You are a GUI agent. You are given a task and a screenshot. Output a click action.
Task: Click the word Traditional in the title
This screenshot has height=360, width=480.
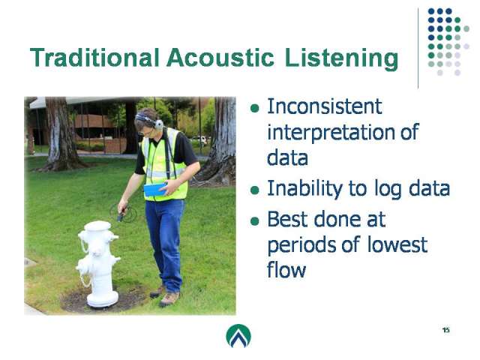[94, 58]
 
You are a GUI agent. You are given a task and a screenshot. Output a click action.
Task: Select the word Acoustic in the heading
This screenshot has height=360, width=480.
[220, 58]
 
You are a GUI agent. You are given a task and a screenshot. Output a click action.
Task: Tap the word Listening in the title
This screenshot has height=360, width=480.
[342, 58]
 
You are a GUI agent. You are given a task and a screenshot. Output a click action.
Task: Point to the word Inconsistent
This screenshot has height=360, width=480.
[325, 106]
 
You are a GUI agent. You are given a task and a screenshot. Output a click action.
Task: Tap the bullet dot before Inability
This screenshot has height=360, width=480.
[255, 190]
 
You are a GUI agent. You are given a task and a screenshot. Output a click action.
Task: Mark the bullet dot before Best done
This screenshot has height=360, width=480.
[255, 220]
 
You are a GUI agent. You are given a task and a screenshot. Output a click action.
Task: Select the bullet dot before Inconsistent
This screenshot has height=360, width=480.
[255, 108]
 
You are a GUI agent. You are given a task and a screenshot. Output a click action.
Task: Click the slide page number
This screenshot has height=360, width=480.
[446, 330]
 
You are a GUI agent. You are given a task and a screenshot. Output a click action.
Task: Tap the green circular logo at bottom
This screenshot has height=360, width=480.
[238, 336]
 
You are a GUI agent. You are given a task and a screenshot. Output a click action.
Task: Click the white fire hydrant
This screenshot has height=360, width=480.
[98, 264]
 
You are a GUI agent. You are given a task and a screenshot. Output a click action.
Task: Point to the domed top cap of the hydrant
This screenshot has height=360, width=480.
[97, 226]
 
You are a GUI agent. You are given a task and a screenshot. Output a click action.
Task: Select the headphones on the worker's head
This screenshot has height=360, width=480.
[150, 120]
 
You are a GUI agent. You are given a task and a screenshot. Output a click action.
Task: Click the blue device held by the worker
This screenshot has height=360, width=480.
[155, 190]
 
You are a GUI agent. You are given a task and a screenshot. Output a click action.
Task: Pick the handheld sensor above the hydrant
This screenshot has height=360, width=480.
[121, 217]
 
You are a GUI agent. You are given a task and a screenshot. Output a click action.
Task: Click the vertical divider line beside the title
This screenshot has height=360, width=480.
[418, 48]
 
